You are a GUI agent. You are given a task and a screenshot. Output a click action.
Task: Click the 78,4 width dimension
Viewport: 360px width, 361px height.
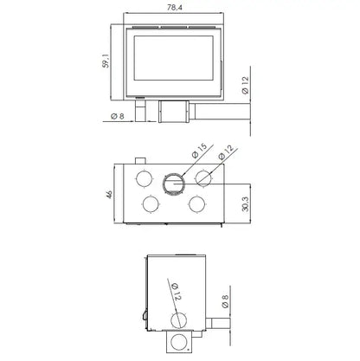pyautogui.click(x=175, y=8)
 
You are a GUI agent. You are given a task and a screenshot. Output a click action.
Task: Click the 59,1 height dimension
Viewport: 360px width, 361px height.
pyautogui.click(x=106, y=61)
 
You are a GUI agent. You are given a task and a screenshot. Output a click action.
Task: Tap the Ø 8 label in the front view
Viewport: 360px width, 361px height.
pyautogui.click(x=118, y=116)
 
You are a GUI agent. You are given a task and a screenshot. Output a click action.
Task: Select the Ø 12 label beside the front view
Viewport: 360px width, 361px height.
pyautogui.click(x=245, y=86)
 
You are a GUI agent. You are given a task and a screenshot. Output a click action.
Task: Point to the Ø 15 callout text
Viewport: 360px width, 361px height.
pyautogui.click(x=199, y=151)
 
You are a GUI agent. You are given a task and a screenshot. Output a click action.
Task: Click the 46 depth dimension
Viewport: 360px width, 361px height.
pyautogui.click(x=109, y=194)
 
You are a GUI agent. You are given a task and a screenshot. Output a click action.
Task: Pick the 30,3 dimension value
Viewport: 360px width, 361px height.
pyautogui.click(x=245, y=204)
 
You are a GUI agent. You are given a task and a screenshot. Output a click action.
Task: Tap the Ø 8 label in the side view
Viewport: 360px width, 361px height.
pyautogui.click(x=225, y=301)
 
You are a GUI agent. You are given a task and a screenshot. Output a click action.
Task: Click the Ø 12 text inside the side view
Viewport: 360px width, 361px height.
pyautogui.click(x=176, y=292)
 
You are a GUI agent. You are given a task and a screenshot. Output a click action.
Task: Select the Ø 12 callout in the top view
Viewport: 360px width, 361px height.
pyautogui.click(x=226, y=152)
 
